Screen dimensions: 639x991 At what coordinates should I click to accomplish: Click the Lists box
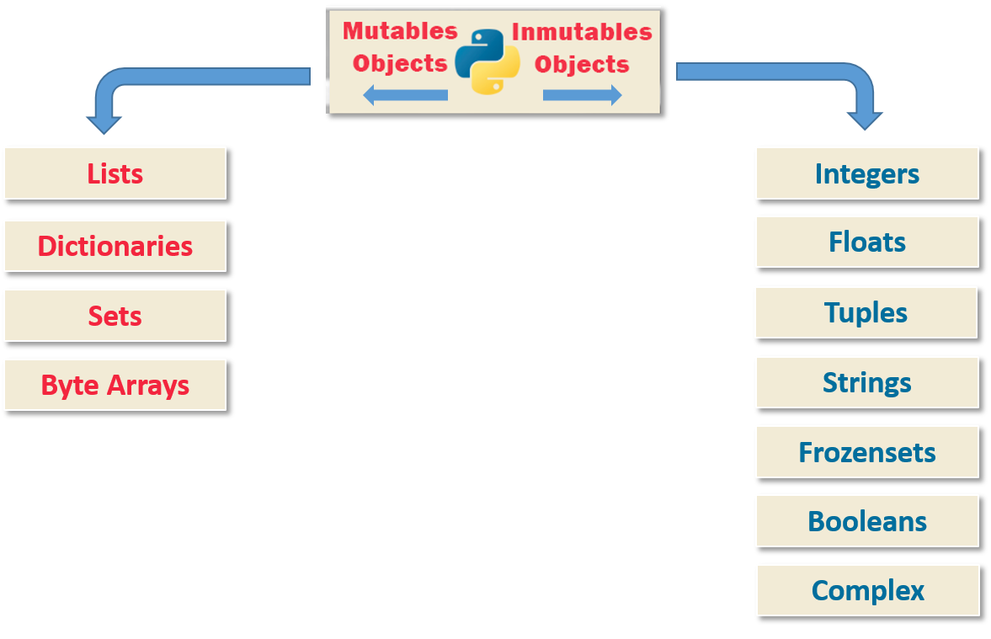(115, 173)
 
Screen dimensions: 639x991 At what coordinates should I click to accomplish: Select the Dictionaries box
(115, 246)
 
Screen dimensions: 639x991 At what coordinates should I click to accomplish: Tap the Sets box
(115, 316)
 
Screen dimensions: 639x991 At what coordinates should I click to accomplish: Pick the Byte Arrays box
(115, 385)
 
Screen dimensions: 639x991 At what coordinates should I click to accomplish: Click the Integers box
(866, 173)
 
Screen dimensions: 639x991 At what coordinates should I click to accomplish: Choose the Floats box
(866, 242)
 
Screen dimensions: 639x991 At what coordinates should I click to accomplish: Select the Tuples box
(866, 312)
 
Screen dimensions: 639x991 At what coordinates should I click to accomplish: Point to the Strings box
(866, 382)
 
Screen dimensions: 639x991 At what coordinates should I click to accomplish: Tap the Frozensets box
(866, 452)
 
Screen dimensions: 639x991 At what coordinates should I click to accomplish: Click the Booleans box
(866, 521)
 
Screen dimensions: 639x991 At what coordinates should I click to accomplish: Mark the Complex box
(867, 590)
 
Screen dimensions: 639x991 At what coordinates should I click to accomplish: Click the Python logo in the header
(488, 61)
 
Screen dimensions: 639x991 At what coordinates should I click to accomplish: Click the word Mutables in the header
(400, 31)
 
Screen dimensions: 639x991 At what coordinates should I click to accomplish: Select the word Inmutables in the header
(582, 32)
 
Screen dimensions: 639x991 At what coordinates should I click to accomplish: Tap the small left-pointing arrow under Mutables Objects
(405, 95)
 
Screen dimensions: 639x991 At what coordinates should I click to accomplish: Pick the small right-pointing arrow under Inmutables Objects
(582, 95)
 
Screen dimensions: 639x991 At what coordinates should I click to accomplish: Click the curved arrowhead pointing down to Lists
(104, 122)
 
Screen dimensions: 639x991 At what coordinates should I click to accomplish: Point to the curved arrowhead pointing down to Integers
(865, 120)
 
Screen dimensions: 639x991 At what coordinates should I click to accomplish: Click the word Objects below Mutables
(400, 64)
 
